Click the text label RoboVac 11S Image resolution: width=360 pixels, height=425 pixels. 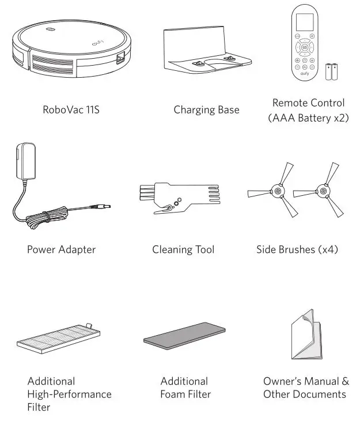[71, 109]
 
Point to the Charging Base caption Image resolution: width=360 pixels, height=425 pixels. [206, 109]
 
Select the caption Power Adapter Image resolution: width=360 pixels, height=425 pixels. [61, 249]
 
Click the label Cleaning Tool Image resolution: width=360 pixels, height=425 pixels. [183, 249]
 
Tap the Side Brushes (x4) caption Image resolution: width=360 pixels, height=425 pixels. [297, 249]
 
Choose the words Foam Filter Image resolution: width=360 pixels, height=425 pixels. [185, 394]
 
